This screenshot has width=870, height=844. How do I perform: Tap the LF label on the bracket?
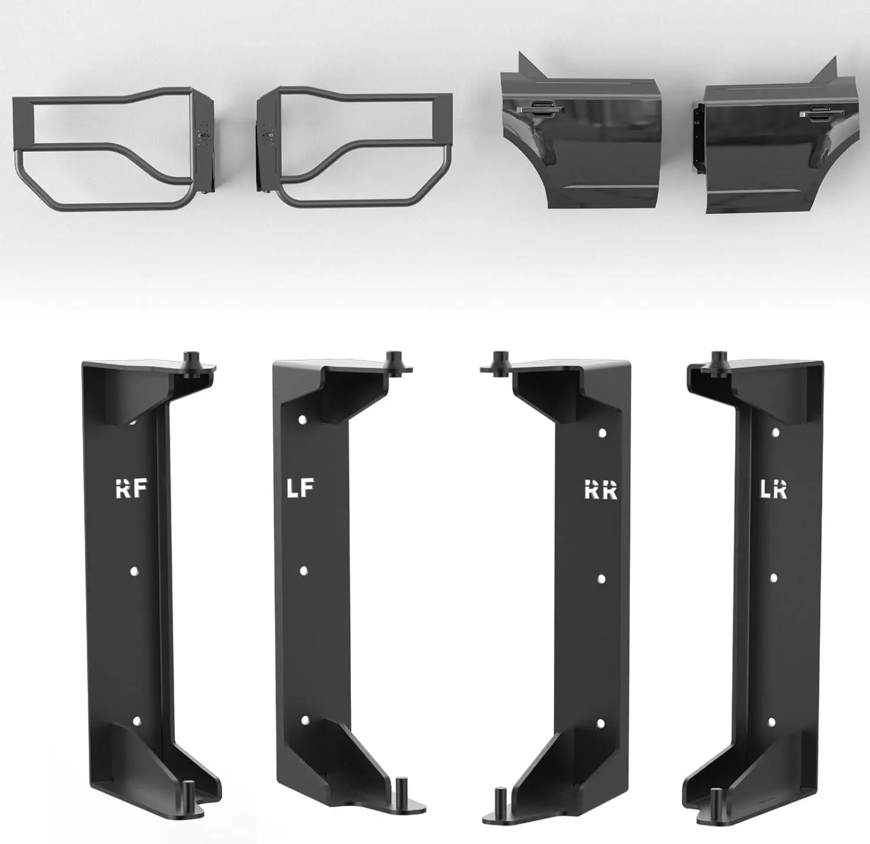pos(300,489)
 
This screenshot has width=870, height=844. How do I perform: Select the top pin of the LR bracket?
pos(720,361)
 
